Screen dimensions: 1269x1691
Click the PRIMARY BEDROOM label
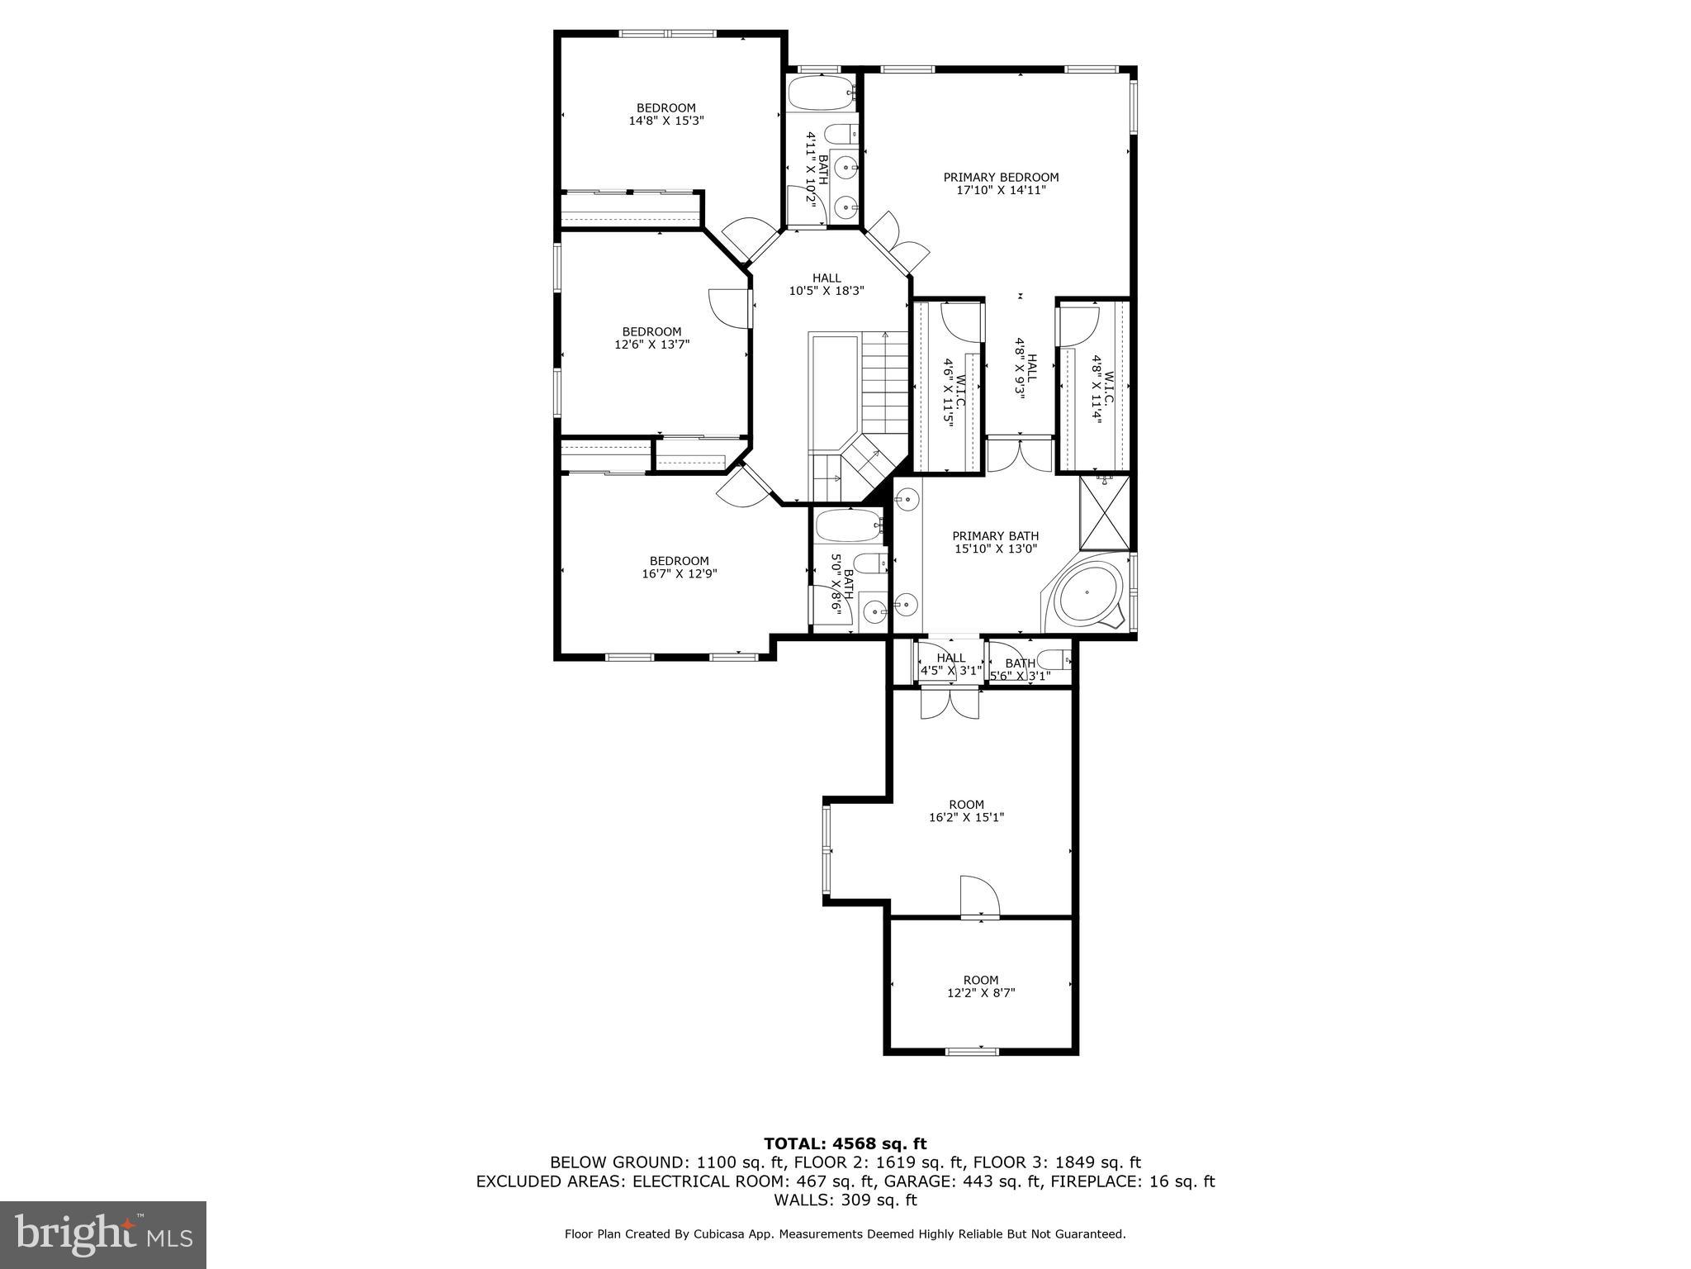pyautogui.click(x=1001, y=178)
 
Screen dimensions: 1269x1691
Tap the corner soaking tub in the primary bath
pyautogui.click(x=1087, y=594)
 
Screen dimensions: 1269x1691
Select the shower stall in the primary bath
pyautogui.click(x=1105, y=514)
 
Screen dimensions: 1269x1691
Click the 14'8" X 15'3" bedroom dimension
pyautogui.click(x=666, y=121)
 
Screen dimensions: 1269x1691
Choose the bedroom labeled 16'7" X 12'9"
pyautogui.click(x=679, y=567)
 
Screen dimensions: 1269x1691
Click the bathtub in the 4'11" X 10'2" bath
pyautogui.click(x=819, y=93)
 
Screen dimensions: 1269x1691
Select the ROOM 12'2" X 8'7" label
pyautogui.click(x=981, y=986)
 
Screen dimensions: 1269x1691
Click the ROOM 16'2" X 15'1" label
pyautogui.click(x=966, y=810)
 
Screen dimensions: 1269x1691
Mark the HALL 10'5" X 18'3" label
pyautogui.click(x=827, y=284)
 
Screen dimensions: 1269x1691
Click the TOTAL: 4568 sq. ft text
pyautogui.click(x=845, y=1143)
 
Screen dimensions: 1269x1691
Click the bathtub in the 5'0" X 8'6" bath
pyautogui.click(x=849, y=525)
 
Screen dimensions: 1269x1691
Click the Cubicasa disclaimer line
pyautogui.click(x=845, y=1234)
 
